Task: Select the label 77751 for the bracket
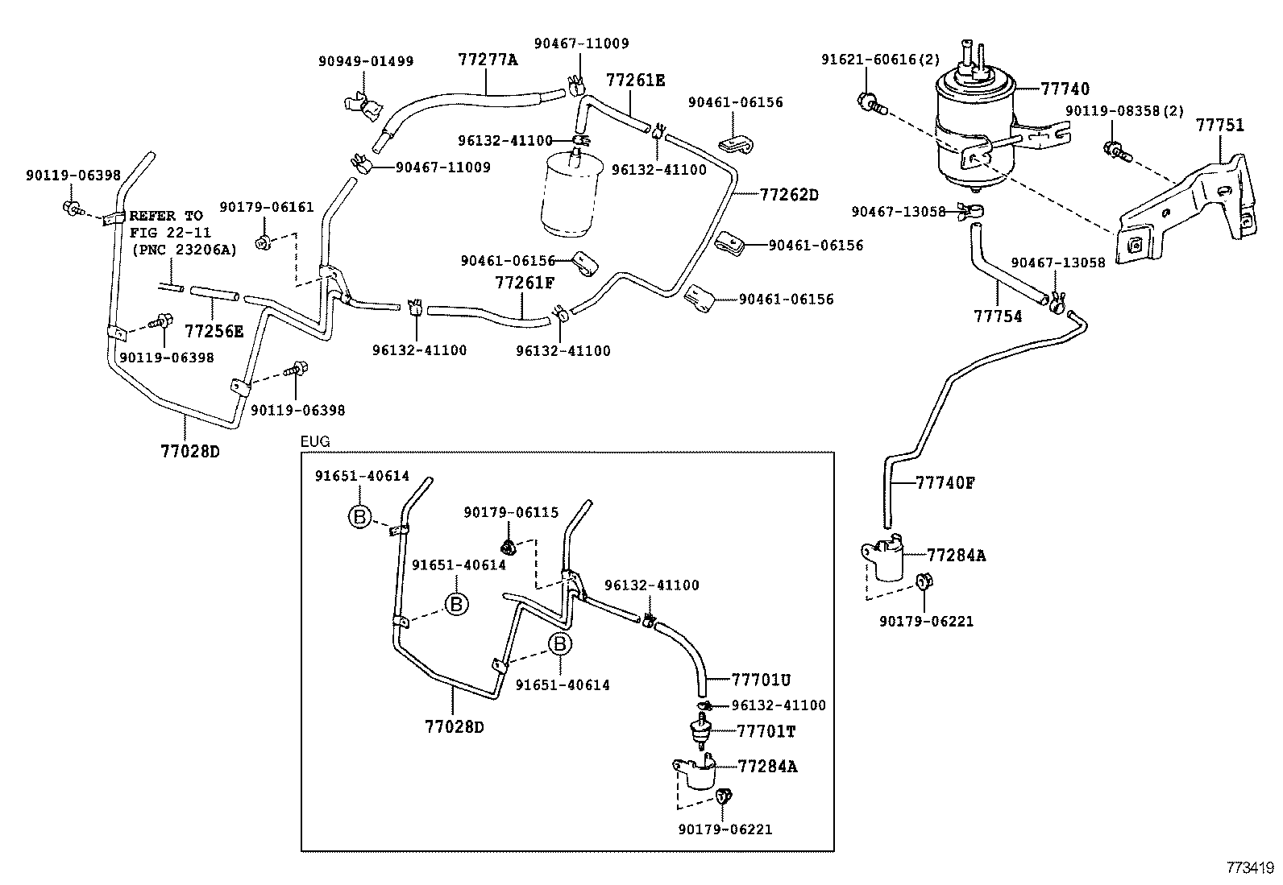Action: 1219,126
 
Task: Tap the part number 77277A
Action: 488,60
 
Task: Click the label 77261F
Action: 525,283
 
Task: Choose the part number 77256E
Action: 214,331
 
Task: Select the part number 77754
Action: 998,316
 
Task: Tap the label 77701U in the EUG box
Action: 762,679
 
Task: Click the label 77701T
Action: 766,731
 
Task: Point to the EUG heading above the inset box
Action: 315,442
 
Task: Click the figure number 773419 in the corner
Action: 1250,868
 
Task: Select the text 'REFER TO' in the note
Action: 166,216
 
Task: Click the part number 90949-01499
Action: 366,61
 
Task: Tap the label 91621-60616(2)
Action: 880,60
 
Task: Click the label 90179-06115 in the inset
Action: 511,512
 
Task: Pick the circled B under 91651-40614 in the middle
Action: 456,604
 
